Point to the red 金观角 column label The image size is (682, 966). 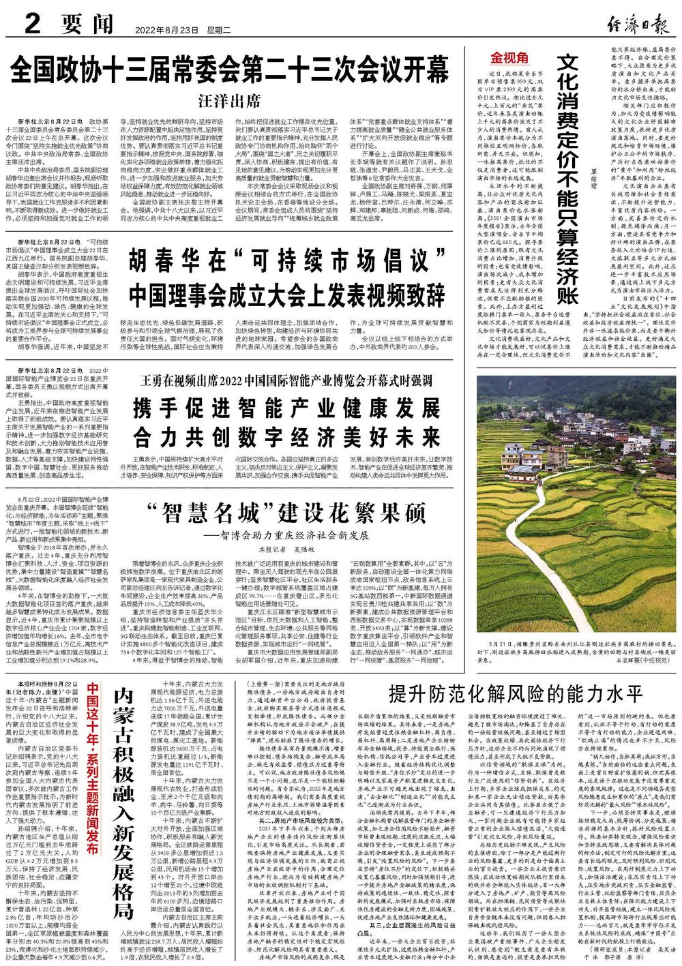(503, 57)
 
